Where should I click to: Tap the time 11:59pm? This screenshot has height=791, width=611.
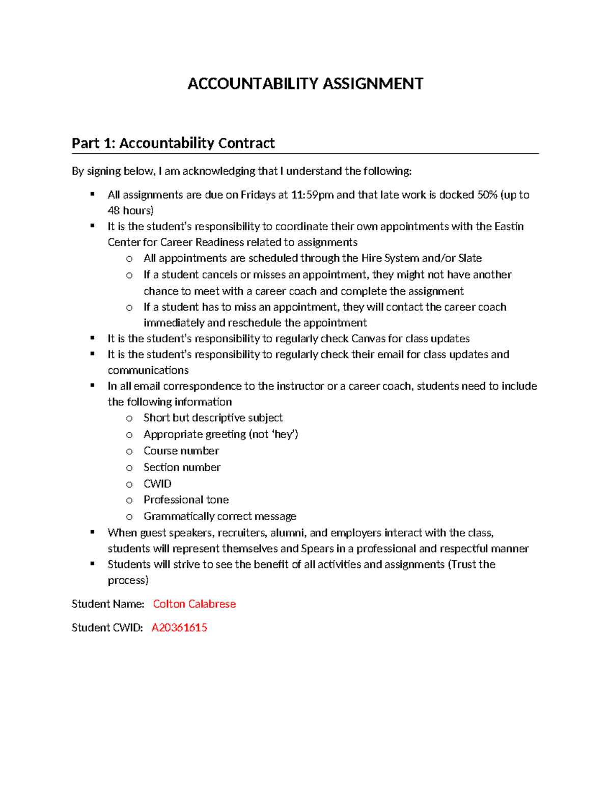[312, 195]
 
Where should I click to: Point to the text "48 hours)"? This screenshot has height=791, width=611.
[130, 210]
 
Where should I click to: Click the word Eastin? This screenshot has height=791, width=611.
[509, 226]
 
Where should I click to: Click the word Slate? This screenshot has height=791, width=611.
[469, 258]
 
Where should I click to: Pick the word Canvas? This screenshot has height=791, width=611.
[368, 339]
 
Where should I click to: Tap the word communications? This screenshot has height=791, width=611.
[148, 370]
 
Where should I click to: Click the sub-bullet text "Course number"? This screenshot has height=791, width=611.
[181, 451]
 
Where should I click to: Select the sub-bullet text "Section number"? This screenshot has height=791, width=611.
[182, 467]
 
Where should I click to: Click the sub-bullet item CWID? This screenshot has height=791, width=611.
[157, 483]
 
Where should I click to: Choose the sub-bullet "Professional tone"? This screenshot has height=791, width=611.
[186, 500]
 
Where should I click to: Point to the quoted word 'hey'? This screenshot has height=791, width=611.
[284, 434]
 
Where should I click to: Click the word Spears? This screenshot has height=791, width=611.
[317, 549]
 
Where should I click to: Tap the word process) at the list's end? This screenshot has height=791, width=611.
[128, 580]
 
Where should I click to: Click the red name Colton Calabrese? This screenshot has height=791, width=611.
[194, 604]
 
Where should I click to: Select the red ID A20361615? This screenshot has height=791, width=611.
[179, 628]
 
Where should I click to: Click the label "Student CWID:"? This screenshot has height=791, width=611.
[107, 628]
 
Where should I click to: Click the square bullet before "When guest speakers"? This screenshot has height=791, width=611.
[92, 532]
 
